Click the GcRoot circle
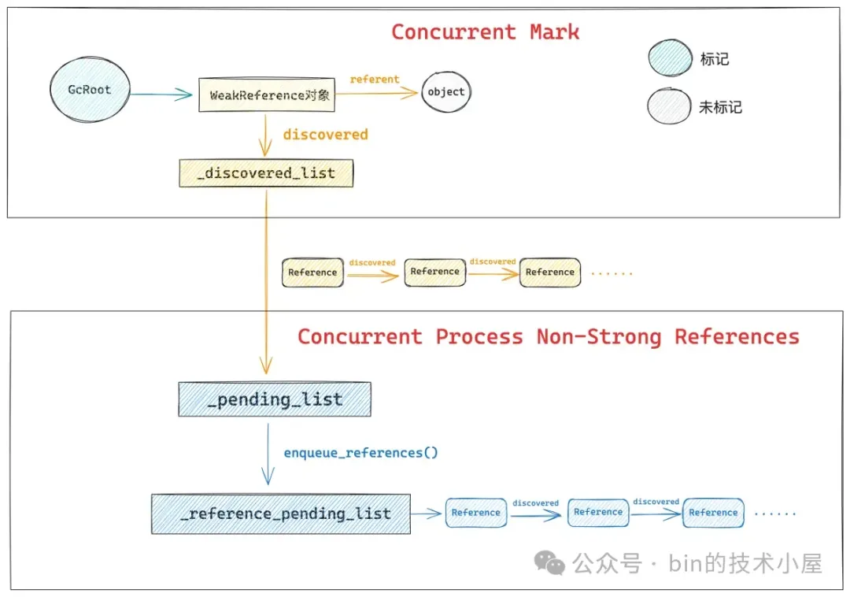point(89,90)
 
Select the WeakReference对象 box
point(267,95)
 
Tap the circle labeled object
point(446,92)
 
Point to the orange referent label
point(374,79)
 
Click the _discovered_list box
point(266,173)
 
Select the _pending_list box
point(274,399)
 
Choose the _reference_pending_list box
point(281,514)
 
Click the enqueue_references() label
point(360,453)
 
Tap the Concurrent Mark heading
point(485,32)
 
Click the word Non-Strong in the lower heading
point(598,337)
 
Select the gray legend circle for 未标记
point(668,107)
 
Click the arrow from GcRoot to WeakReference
point(161,95)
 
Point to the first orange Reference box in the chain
point(312,273)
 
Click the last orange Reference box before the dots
point(549,273)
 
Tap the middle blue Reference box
point(598,512)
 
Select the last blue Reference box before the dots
point(713,513)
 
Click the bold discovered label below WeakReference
point(325,135)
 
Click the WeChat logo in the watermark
point(549,562)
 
